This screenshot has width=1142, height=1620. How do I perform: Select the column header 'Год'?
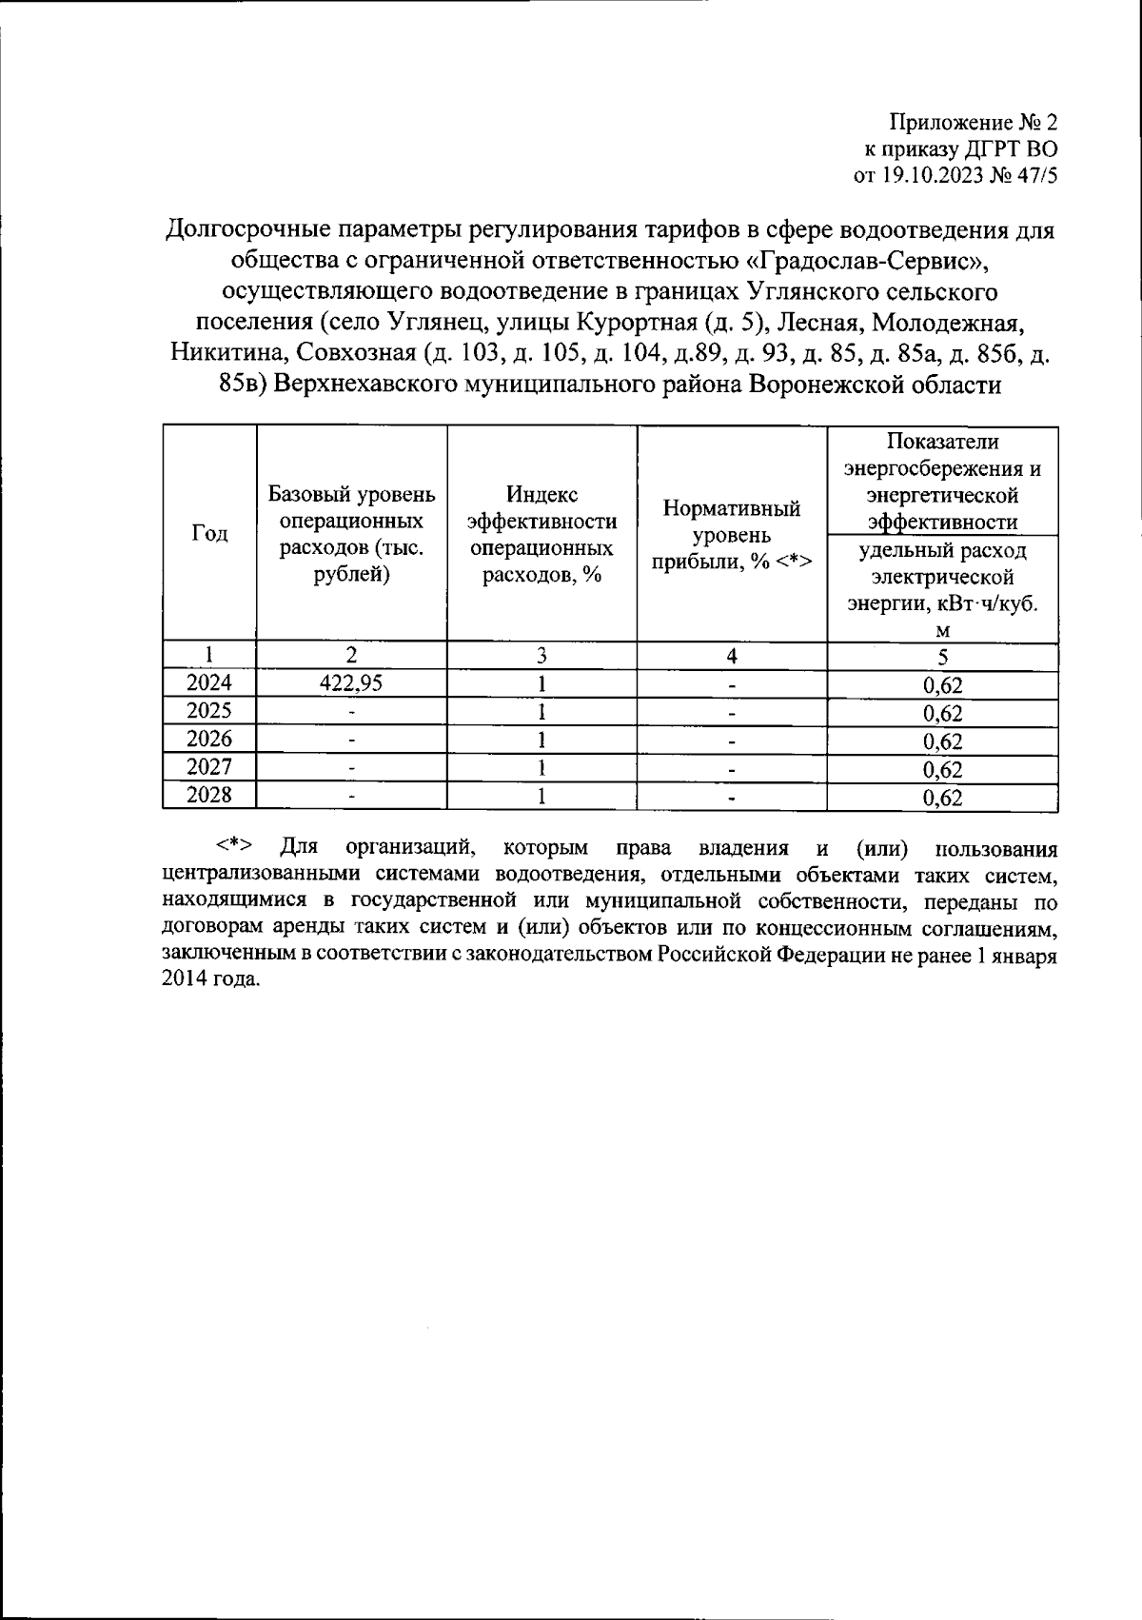209,533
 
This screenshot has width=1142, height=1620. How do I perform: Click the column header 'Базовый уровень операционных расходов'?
351,534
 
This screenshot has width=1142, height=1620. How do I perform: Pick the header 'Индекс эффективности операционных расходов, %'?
541,534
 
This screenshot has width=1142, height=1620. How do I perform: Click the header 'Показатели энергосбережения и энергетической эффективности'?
942,482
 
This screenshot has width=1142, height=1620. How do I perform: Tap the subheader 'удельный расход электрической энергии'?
942,589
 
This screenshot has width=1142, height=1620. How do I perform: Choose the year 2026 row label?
209,740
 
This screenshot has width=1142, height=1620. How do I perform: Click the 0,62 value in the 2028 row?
942,798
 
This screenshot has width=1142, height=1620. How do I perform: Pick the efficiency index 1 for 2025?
541,712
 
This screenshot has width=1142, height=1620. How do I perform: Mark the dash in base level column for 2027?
351,768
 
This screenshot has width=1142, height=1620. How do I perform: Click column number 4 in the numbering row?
731,656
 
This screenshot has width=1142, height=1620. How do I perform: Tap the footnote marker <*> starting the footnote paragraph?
233,846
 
